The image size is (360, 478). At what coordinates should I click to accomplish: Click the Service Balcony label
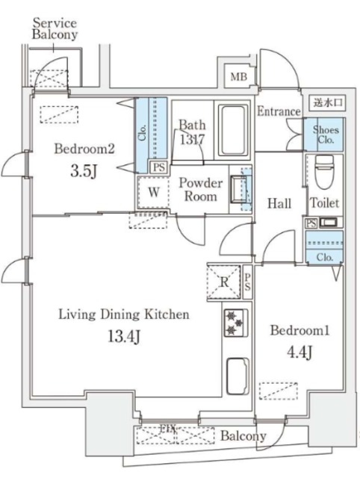click(x=55, y=28)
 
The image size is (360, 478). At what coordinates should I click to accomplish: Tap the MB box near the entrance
click(x=238, y=76)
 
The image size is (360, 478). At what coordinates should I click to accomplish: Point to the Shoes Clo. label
click(x=326, y=134)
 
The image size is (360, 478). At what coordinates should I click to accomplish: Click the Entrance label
click(x=279, y=112)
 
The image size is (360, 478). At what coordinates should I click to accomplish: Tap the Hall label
click(x=279, y=202)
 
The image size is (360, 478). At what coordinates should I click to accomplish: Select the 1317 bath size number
click(x=192, y=139)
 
